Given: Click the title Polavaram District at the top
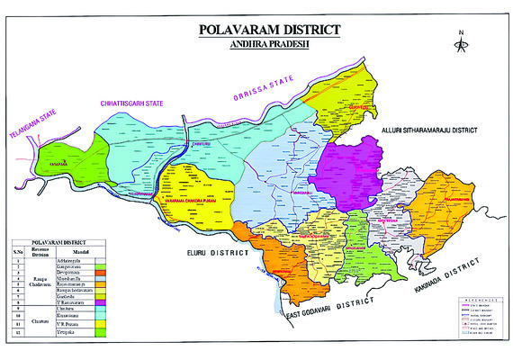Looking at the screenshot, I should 269,31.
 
